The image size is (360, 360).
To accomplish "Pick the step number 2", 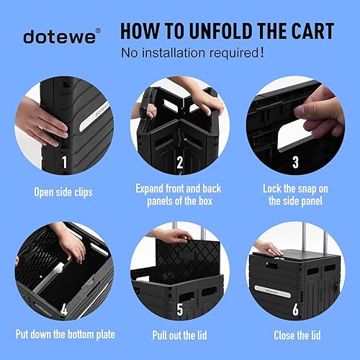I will pyautogui.click(x=179, y=163).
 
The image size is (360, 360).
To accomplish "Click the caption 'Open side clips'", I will pyautogui.click(x=63, y=193).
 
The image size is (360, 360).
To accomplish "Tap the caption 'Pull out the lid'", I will pyautogui.click(x=180, y=335).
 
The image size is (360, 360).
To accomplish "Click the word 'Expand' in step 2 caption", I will pyautogui.click(x=153, y=188).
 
